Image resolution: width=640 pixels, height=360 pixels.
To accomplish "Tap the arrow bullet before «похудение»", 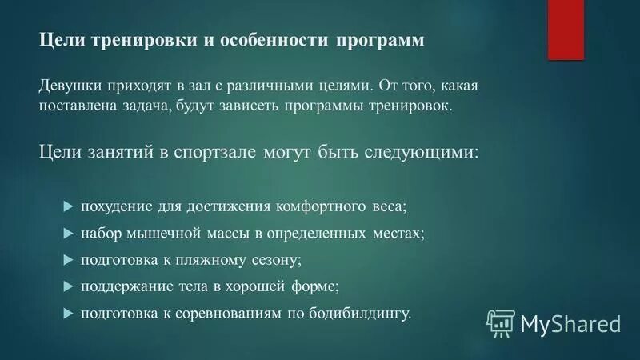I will (x=67, y=206).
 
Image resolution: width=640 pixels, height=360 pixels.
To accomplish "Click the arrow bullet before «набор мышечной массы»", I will (x=67, y=233).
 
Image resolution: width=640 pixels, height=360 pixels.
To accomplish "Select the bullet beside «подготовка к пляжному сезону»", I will (x=67, y=259).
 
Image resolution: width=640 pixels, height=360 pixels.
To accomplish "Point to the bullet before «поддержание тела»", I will (x=67, y=286).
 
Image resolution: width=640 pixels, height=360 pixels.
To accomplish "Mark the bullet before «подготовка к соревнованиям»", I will (x=67, y=312).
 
